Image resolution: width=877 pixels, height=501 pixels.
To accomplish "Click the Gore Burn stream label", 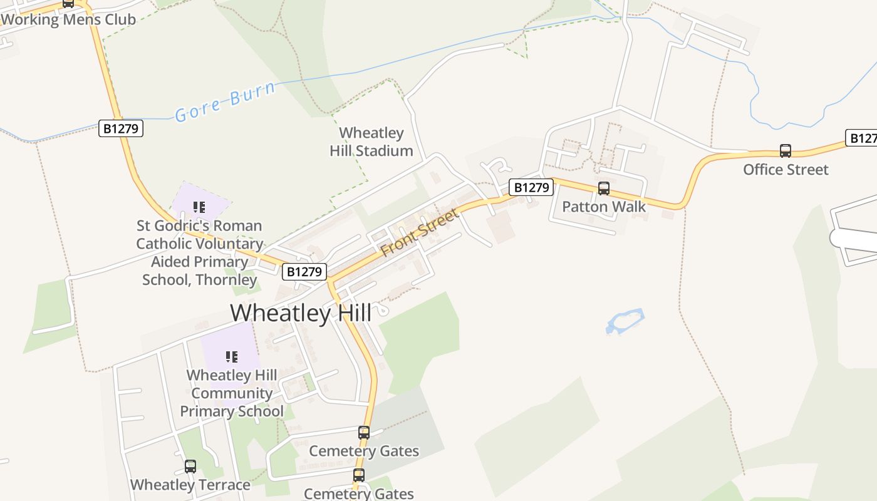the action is tap(225, 102).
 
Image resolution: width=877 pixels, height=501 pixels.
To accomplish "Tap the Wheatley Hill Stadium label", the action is tap(371, 142).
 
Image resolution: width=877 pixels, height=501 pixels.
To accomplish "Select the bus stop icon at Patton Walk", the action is tap(604, 189).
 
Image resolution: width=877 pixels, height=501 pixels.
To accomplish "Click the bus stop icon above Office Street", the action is tap(785, 151).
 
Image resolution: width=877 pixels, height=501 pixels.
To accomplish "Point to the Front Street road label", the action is tap(419, 232).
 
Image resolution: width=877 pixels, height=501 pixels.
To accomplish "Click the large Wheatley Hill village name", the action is tap(301, 312).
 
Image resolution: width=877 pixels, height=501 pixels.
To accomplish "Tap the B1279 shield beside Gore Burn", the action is tap(121, 129).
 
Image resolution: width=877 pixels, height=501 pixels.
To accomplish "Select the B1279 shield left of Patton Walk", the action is tap(531, 187).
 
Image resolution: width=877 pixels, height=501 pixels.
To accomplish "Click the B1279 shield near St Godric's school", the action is tap(304, 272).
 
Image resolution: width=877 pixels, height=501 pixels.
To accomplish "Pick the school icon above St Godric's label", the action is tap(199, 207).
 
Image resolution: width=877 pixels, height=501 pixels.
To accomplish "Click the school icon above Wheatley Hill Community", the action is tap(231, 357).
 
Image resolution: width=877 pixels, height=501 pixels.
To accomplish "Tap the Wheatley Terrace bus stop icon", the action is tap(190, 467).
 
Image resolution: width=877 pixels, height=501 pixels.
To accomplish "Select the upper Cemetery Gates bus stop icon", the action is tap(363, 432).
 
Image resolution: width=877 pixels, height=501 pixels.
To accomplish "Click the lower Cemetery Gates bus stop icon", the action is tap(358, 475).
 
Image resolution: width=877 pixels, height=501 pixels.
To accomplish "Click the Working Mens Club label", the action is tap(68, 19).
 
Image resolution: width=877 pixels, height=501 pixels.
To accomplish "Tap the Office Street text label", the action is tap(786, 170).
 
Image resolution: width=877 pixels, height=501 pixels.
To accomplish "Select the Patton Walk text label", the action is tap(604, 207).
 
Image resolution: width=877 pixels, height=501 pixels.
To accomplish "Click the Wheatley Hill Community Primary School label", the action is tap(232, 393).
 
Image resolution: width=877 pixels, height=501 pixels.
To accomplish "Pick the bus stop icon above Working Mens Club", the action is tap(68, 3).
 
